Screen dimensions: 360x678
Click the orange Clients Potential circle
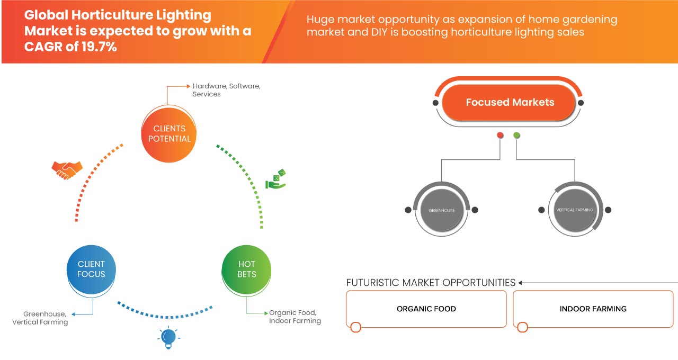click(169, 133)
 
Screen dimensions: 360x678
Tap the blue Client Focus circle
click(91, 269)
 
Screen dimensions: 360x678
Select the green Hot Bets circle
click(246, 269)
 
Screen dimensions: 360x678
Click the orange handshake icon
click(67, 169)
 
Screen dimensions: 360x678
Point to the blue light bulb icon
click(168, 337)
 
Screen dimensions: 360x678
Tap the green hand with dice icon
click(276, 179)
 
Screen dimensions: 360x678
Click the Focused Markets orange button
click(509, 103)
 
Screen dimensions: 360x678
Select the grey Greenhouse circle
click(441, 210)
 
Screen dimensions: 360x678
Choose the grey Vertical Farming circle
click(574, 210)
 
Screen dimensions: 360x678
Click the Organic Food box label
click(426, 309)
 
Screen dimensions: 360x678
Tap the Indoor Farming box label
click(593, 309)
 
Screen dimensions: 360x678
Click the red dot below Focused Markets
click(500, 136)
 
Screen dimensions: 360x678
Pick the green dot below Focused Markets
click(516, 136)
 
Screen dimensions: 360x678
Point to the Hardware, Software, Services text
click(226, 89)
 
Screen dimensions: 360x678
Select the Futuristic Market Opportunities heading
click(431, 283)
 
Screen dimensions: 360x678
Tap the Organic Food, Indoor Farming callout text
click(295, 317)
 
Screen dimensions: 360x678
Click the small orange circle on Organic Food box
click(356, 327)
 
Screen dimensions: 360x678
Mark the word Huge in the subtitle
click(320, 20)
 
